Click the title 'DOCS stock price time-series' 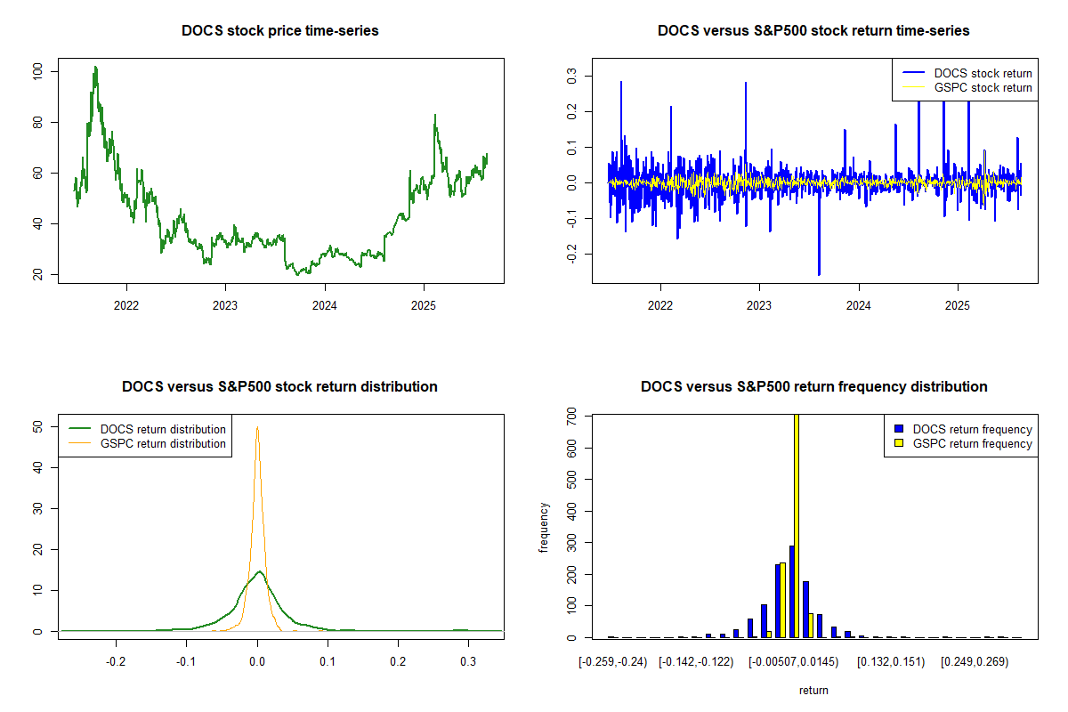coord(279,31)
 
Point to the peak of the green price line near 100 coord(94,68)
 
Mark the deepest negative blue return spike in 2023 coord(819,273)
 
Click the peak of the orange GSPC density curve coord(257,428)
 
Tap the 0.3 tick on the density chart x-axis coord(468,662)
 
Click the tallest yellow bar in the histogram coord(797,525)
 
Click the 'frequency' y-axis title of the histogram coord(545,528)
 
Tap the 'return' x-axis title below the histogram coord(813,690)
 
